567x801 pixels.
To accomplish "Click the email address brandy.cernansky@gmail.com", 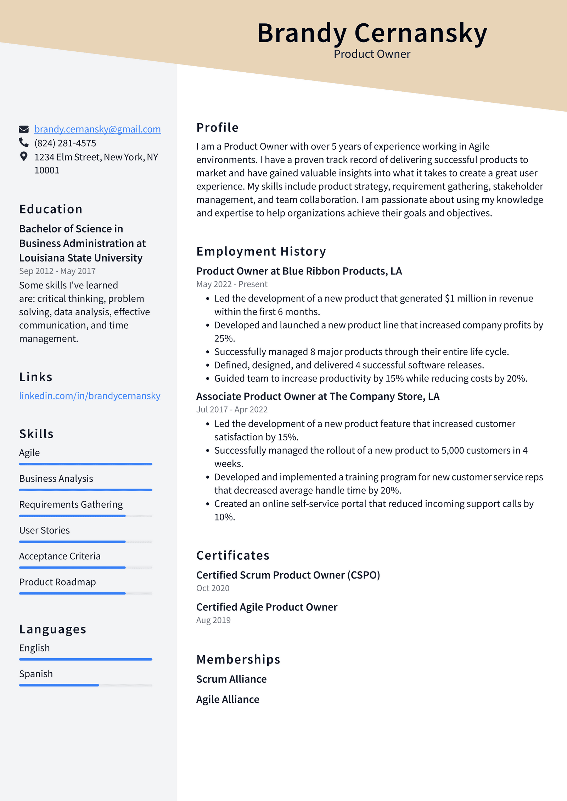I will (x=97, y=129).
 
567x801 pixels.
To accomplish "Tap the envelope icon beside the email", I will (x=24, y=129).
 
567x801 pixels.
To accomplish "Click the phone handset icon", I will (x=24, y=142).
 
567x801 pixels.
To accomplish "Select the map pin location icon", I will (x=24, y=156).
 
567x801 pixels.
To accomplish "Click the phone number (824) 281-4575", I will (x=65, y=143).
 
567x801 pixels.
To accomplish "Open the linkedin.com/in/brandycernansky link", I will (x=90, y=396).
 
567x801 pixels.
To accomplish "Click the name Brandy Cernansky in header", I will (x=372, y=33).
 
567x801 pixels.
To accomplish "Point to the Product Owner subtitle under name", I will (x=372, y=54).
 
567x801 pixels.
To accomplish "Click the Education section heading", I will (x=51, y=209).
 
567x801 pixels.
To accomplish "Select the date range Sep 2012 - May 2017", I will (x=57, y=271).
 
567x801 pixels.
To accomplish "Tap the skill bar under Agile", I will (x=86, y=464).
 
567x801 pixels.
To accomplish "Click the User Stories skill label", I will (x=44, y=530).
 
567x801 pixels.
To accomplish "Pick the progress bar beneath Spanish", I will (x=86, y=685).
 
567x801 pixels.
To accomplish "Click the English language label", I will (x=34, y=648).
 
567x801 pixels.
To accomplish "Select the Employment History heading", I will (x=261, y=252).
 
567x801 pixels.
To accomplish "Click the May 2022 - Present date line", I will (x=232, y=284).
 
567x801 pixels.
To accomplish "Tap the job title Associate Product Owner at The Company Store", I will (x=318, y=396).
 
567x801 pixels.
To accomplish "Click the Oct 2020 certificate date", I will (x=213, y=588).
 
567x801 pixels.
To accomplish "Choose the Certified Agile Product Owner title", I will (x=266, y=607).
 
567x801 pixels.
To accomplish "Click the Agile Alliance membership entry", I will (x=228, y=699).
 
